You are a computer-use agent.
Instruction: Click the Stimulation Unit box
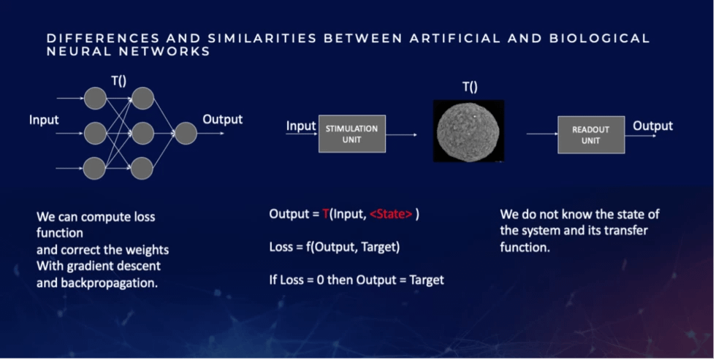point(351,134)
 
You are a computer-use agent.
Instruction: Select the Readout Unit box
point(590,134)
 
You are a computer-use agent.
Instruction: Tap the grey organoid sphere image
point(468,131)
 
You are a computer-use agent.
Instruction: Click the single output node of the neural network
point(186,134)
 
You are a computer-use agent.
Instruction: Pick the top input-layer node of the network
point(94,98)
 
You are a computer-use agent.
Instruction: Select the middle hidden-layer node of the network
point(142,134)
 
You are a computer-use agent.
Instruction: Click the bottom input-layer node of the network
point(94,168)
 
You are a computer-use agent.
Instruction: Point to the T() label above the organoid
point(470,87)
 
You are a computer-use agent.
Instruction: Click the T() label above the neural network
point(118,81)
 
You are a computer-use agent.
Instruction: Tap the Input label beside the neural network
point(44,119)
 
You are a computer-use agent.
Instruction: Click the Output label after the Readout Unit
point(652,126)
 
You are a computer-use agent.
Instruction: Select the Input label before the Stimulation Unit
point(300,126)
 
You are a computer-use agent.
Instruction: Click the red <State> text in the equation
point(392,215)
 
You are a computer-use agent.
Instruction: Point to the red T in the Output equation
point(326,215)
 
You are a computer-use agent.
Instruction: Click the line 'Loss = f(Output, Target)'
point(335,247)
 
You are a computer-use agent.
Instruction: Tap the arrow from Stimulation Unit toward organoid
point(401,135)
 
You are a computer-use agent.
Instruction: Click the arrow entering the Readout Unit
point(541,134)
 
